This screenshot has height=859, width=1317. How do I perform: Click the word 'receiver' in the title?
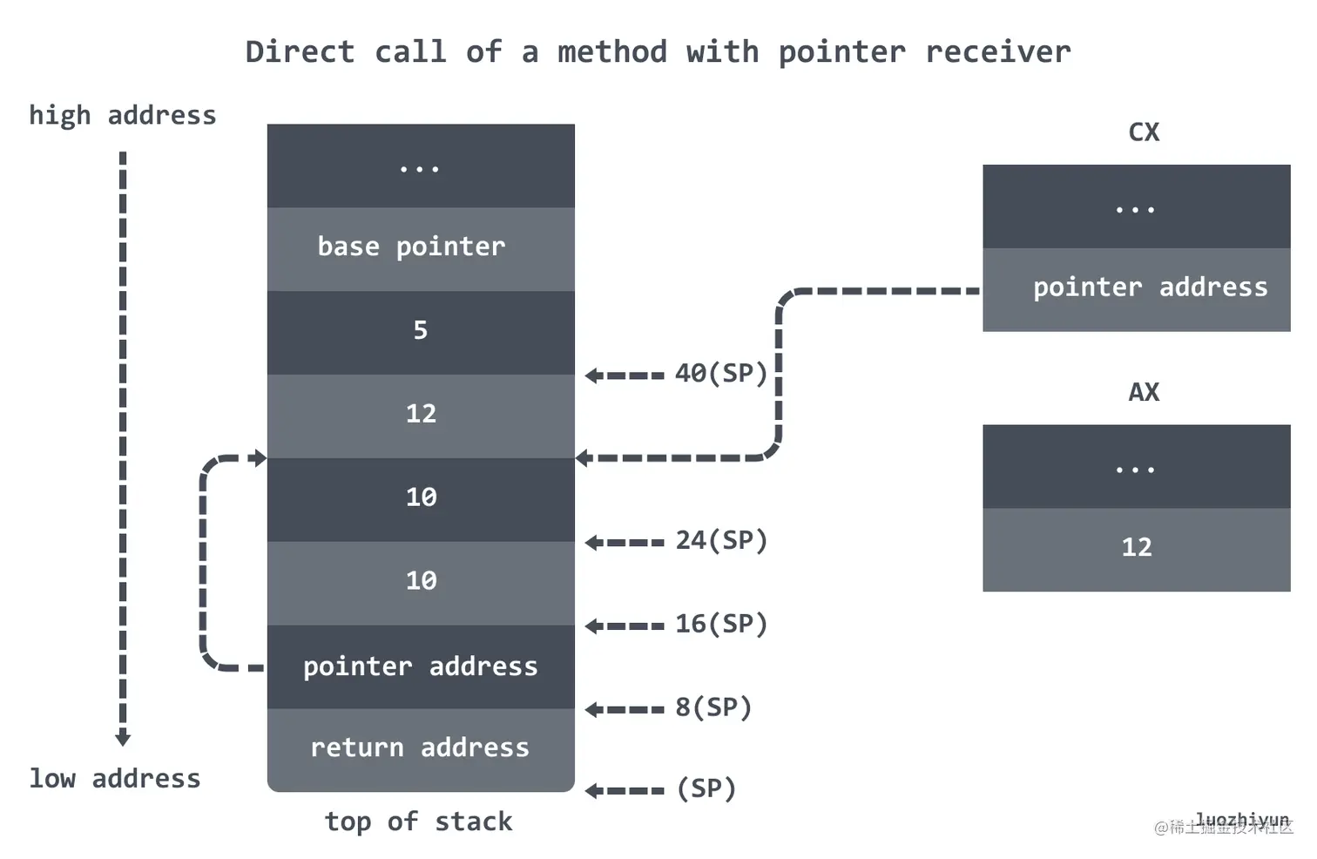click(997, 52)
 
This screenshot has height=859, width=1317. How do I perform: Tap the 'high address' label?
click(122, 115)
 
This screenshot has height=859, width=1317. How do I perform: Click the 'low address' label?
click(114, 778)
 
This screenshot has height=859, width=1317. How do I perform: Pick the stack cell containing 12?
click(420, 415)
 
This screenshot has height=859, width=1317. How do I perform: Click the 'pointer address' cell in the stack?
click(420, 666)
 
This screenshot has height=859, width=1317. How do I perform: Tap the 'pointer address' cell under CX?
click(1136, 288)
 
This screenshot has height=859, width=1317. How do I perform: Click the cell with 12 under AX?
click(1136, 548)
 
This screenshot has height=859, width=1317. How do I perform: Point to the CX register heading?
click(1143, 132)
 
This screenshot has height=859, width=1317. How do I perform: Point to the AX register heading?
click(1143, 393)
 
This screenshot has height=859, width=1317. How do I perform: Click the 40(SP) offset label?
click(721, 374)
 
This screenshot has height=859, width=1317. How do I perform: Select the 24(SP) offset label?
click(721, 541)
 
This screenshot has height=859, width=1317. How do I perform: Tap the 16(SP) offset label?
click(721, 625)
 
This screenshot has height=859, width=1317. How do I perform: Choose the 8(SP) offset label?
click(713, 707)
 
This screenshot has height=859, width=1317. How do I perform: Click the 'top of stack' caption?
click(418, 822)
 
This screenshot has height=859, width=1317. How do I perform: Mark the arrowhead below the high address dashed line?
click(123, 738)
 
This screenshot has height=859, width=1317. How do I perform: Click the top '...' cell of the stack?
click(420, 166)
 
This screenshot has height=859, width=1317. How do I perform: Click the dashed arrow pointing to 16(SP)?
click(625, 626)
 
